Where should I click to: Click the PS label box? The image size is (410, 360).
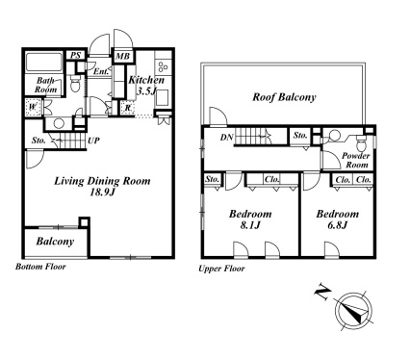pyautogui.click(x=76, y=55)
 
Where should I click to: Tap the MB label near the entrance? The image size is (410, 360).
pyautogui.click(x=122, y=57)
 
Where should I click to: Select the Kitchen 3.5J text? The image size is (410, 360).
pyautogui.click(x=146, y=86)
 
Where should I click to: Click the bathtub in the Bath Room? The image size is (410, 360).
pyautogui.click(x=44, y=62)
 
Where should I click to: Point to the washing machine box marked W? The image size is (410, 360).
pyautogui.click(x=33, y=107)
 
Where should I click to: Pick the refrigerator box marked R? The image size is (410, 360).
pyautogui.click(x=128, y=108)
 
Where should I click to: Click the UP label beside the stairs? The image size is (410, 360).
pyautogui.click(x=94, y=141)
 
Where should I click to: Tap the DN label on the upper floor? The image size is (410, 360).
pyautogui.click(x=226, y=138)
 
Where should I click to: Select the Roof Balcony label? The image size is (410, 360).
pyautogui.click(x=284, y=97)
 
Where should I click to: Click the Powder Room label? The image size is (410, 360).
pyautogui.click(x=355, y=160)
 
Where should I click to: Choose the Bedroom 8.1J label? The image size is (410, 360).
pyautogui.click(x=250, y=219)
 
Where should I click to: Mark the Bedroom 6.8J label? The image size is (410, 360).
pyautogui.click(x=338, y=219)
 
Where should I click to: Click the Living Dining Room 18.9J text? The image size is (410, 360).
pyautogui.click(x=102, y=187)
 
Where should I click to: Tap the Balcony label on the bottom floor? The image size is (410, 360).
pyautogui.click(x=55, y=242)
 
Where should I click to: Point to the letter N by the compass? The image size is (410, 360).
pyautogui.click(x=322, y=292)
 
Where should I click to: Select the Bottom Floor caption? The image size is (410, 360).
pyautogui.click(x=40, y=267)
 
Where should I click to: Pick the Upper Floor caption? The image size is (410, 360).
pyautogui.click(x=221, y=269)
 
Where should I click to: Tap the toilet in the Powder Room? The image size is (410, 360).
pyautogui.click(x=361, y=143)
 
